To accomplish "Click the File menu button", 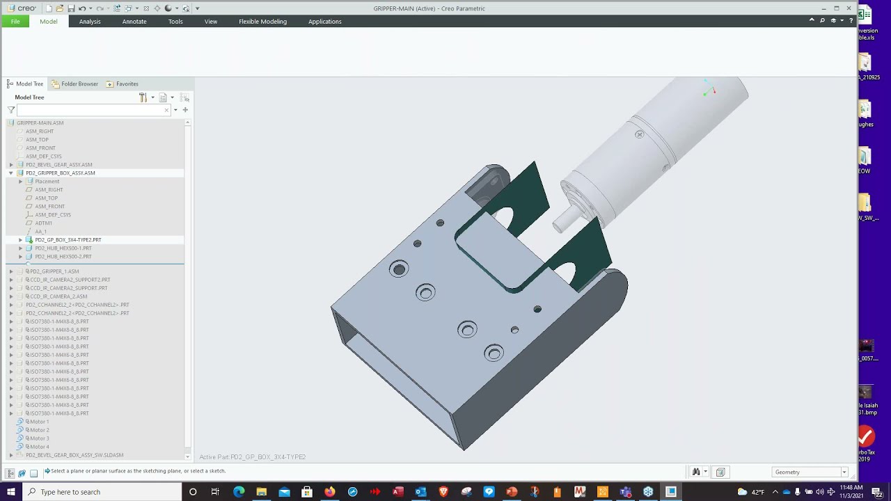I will point(15,22).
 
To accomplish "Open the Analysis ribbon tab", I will point(90,22).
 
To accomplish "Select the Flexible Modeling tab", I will point(262,22).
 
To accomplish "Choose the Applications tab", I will point(324,22).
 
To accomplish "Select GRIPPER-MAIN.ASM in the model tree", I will point(40,123).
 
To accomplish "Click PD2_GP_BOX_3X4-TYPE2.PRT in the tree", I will point(68,240).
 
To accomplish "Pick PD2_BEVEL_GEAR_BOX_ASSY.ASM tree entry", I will point(58,165).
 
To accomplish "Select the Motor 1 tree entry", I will point(38,422).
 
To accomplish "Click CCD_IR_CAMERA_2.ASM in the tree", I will point(58,296).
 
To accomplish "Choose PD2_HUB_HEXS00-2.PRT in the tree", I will point(63,257).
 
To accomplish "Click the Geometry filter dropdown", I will point(810,472).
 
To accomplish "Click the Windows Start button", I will point(10,492).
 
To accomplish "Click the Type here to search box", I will point(104,492).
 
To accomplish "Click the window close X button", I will point(849,8).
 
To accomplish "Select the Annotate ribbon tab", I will point(134,22).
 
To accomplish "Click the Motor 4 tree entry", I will point(38,447).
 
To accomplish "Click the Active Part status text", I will point(252,457).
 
